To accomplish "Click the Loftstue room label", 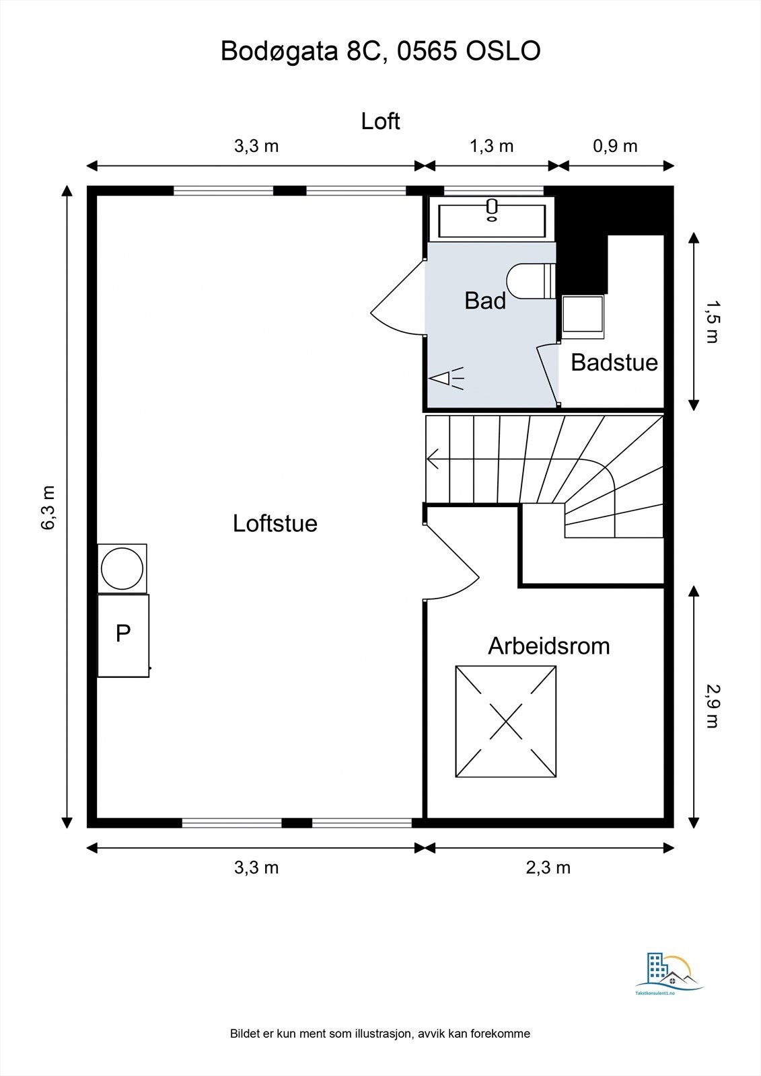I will tap(275, 523).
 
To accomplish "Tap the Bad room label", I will tap(485, 301).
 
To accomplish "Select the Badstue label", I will tap(614, 362).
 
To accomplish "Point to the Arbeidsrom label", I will tap(548, 646).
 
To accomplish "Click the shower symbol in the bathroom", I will tap(446, 379).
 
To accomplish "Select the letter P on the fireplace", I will tap(122, 633).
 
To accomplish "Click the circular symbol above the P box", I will tap(122, 569).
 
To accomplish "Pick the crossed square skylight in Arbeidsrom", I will tap(506, 722).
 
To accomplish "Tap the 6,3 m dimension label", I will tap(48, 508).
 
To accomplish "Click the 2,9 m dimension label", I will tap(711, 705).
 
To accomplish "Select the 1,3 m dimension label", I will tap(491, 146).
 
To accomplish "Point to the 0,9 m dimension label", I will tap(615, 146).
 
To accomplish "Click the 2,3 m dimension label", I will tap(548, 868).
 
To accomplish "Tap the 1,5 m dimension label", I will tap(711, 322).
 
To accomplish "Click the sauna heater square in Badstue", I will tap(583, 314).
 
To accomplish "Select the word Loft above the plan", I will tap(380, 121).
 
